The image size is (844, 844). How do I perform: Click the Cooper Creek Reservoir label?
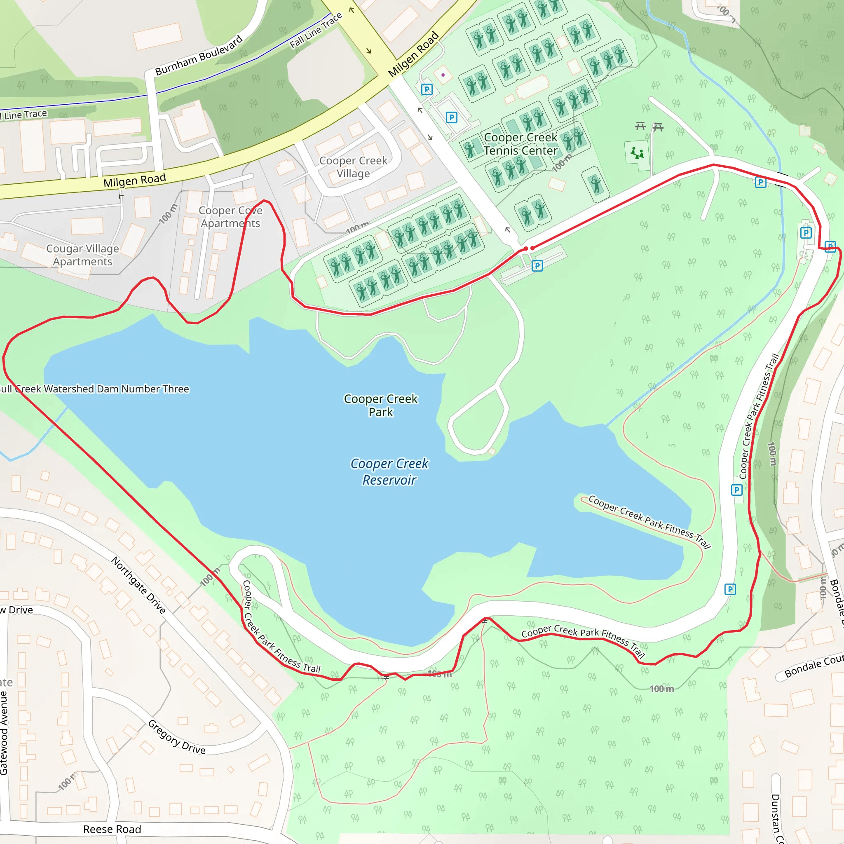(389, 471)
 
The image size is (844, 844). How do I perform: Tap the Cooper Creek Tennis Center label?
(520, 144)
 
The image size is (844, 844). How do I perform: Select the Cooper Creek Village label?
(353, 167)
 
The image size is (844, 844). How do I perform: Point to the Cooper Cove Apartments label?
(230, 217)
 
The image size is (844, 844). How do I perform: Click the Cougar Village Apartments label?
(82, 255)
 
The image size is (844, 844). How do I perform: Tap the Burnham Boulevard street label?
(199, 56)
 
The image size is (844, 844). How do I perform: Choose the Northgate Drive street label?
(138, 585)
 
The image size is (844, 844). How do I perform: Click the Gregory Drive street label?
(176, 737)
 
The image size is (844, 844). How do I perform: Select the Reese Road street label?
(112, 829)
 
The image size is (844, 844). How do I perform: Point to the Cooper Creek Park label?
(380, 405)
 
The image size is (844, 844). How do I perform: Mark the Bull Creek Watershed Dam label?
(94, 389)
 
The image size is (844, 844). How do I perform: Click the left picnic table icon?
(640, 126)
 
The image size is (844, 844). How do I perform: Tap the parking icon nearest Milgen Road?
(427, 89)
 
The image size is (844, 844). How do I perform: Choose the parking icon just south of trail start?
(537, 266)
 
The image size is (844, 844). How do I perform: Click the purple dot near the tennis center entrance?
(443, 75)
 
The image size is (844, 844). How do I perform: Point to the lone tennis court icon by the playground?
(596, 184)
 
